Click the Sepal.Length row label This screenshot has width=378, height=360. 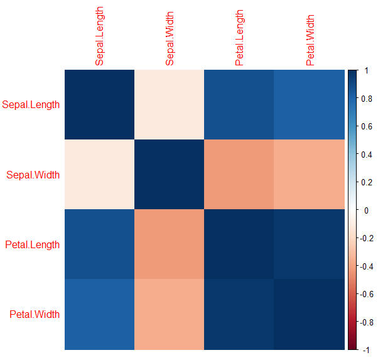tap(31, 104)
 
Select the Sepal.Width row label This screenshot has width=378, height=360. tap(33, 174)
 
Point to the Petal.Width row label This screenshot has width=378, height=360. tap(33, 314)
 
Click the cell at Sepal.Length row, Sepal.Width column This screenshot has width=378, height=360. tap(169, 104)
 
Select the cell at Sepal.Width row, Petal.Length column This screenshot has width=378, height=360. tap(239, 174)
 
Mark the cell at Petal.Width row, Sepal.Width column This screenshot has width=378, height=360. tap(169, 314)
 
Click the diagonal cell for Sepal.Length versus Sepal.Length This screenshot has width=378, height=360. tap(99, 104)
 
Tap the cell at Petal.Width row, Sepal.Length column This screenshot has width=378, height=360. tap(99, 314)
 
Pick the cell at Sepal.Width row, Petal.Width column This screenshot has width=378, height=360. tap(309, 174)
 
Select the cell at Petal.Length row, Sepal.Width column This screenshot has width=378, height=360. tap(169, 244)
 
